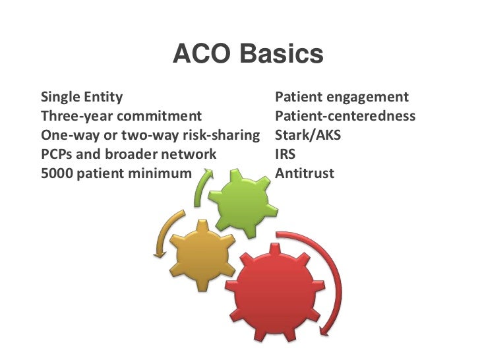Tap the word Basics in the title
(282, 55)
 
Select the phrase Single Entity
(82, 98)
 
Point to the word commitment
(160, 117)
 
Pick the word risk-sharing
(218, 136)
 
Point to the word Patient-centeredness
(345, 117)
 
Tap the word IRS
(285, 155)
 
